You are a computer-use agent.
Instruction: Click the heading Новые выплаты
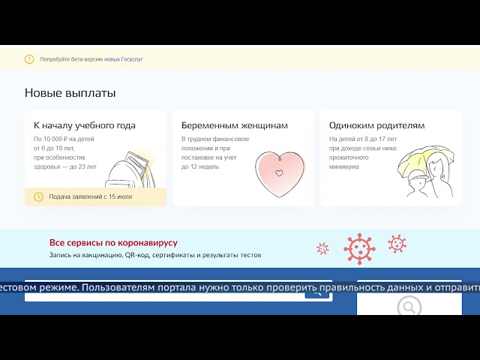point(70,93)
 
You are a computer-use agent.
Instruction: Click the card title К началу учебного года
point(85,125)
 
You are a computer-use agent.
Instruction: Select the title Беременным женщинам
point(235,125)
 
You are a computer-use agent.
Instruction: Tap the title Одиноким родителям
point(376,125)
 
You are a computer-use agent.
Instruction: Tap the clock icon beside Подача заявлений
point(39,196)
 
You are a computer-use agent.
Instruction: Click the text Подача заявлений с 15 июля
point(90,196)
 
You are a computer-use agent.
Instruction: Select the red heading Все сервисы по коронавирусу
point(113,243)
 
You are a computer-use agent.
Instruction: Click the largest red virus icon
point(359,248)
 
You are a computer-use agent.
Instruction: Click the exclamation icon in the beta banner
point(29,58)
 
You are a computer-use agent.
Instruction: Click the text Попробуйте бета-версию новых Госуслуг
point(91,58)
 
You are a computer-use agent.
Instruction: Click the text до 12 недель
point(200,166)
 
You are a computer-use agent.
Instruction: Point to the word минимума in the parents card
point(343,166)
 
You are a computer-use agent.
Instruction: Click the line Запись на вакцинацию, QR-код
point(155,256)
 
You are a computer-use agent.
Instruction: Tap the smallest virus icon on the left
point(322,248)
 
